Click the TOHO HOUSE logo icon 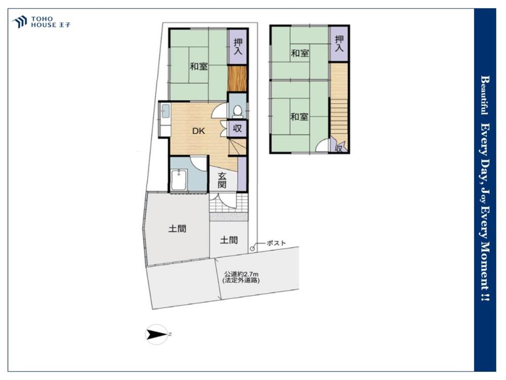[19, 22]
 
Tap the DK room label [198, 131]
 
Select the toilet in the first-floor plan [237, 110]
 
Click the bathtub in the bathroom [179, 180]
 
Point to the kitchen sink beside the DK [165, 111]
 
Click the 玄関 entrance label [222, 180]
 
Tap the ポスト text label [276, 243]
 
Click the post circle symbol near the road [252, 248]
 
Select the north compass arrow [156, 334]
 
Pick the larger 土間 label [177, 229]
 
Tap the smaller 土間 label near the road [229, 240]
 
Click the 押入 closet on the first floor [238, 46]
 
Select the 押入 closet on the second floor [339, 44]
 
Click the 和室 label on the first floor [198, 66]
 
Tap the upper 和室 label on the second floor [300, 53]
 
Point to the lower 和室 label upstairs [299, 117]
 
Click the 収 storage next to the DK [237, 128]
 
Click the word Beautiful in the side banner [485, 95]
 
